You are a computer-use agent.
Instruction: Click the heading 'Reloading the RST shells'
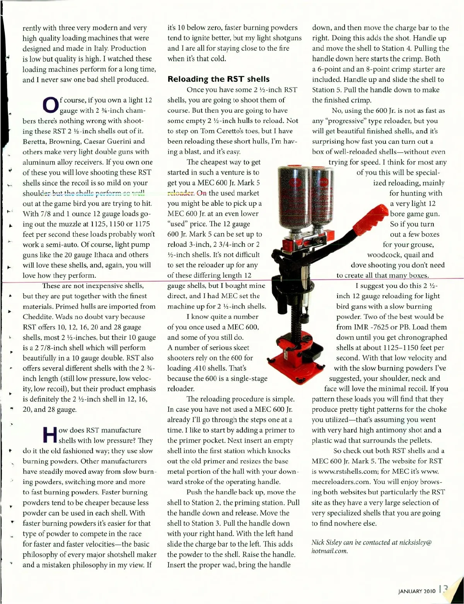(x=218, y=79)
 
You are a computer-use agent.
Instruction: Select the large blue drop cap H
(x=49, y=435)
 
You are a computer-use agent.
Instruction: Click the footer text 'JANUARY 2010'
(x=417, y=591)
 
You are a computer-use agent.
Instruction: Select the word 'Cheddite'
(x=39, y=317)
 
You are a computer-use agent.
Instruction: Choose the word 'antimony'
(x=408, y=430)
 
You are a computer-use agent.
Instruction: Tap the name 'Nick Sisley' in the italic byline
(x=327, y=542)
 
